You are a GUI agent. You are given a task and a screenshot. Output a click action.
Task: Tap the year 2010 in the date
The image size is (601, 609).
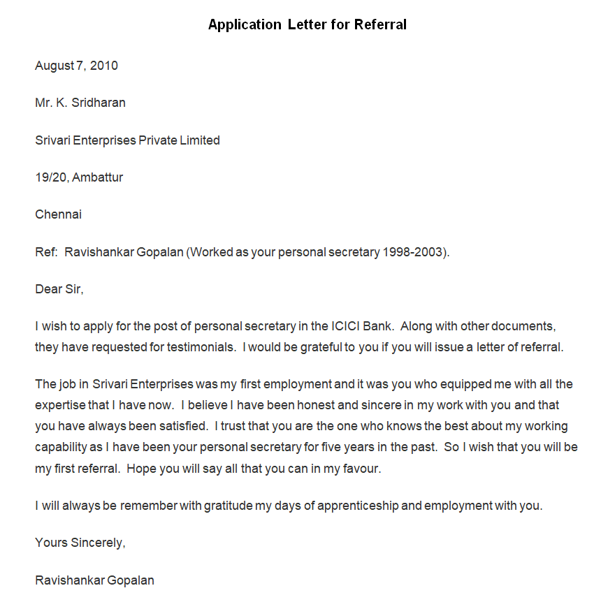[x=104, y=66]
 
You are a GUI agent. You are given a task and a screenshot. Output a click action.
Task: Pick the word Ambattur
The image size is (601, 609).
[x=98, y=177]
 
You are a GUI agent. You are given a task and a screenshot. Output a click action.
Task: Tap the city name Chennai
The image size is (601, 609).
[x=58, y=214]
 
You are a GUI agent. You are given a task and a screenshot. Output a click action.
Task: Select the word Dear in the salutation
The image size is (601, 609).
[x=48, y=288]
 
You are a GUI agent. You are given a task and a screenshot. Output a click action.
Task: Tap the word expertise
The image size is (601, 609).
[x=61, y=405]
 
